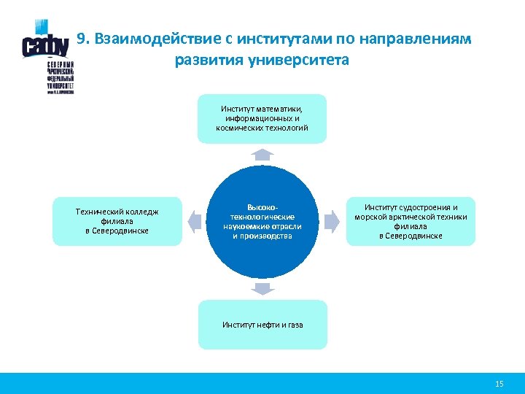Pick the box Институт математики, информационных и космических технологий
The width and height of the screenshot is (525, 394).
pos(262,118)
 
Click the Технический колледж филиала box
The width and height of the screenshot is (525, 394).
pos(117,221)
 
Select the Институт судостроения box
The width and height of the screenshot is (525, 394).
pos(411,221)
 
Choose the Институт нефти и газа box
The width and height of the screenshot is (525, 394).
pos(262,325)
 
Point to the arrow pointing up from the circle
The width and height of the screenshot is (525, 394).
pos(262,155)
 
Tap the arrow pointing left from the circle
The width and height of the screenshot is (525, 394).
pos(194,220)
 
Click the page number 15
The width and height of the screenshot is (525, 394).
pos(499,384)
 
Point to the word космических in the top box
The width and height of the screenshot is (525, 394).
pos(241,128)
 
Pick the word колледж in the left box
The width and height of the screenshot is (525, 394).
pos(141,212)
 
